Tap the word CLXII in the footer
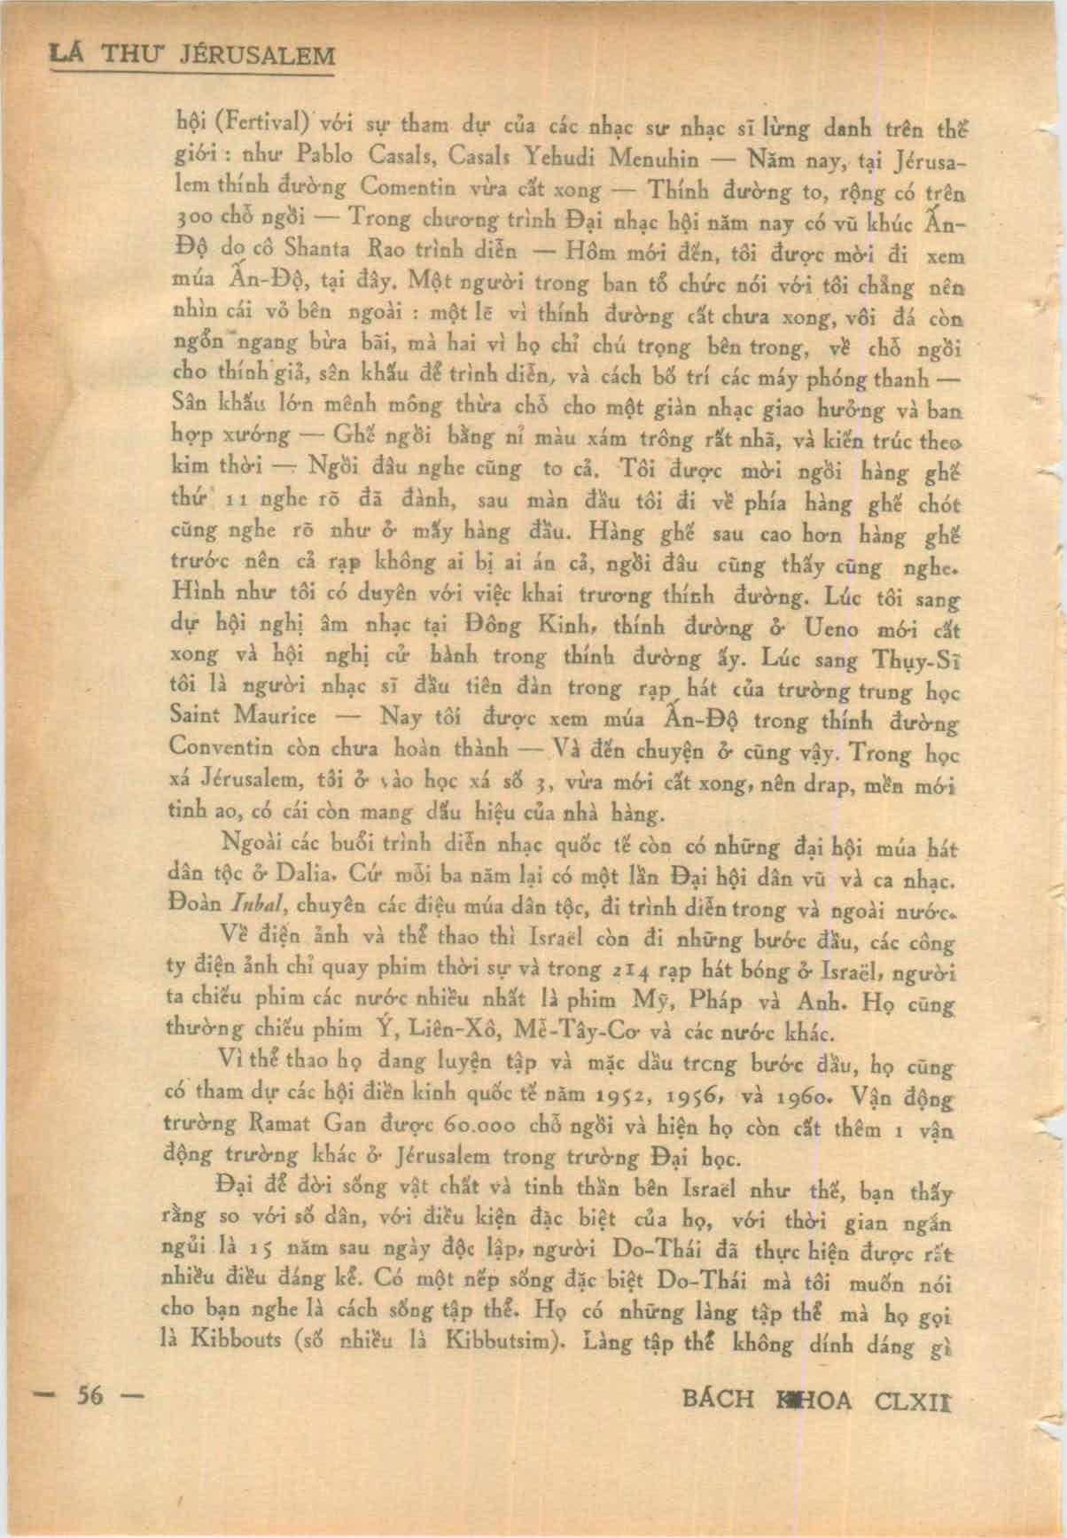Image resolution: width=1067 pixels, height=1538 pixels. click(x=917, y=1399)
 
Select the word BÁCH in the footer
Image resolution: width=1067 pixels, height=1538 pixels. click(x=718, y=1399)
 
